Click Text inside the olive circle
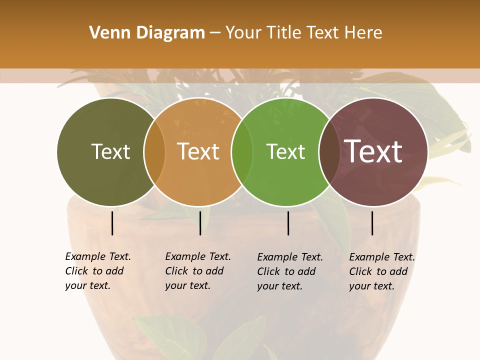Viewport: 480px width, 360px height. click(110, 151)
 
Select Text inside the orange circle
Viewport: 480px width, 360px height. click(198, 151)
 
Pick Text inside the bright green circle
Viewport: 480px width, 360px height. click(285, 151)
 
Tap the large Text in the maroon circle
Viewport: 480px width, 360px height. click(373, 151)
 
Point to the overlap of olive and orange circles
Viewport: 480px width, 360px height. click(154, 152)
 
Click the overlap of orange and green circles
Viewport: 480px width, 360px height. click(242, 152)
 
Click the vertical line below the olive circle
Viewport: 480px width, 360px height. click(112, 223)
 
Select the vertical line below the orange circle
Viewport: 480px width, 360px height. click(200, 223)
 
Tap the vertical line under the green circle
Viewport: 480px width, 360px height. click(288, 223)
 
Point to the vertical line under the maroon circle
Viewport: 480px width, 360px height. click(372, 223)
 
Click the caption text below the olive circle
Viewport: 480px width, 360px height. click(97, 271)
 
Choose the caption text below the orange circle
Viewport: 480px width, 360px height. click(197, 271)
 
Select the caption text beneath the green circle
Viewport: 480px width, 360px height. click(289, 271)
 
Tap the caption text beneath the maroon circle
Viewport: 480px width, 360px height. click(381, 271)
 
